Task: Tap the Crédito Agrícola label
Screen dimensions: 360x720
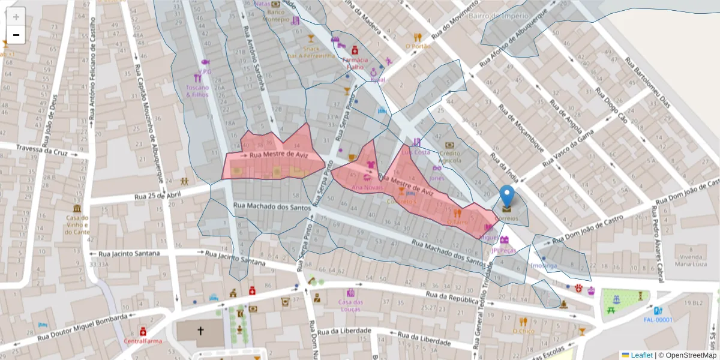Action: [x=449, y=157]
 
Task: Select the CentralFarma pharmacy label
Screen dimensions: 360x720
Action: [x=143, y=341]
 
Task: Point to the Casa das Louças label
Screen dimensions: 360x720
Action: [x=355, y=305]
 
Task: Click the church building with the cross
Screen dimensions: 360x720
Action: [x=200, y=331]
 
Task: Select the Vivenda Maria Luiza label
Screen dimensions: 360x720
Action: [x=692, y=260]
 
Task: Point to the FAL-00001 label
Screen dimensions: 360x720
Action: [x=658, y=320]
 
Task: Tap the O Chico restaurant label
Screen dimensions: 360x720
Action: [x=523, y=331]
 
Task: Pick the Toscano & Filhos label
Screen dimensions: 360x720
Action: [x=197, y=91]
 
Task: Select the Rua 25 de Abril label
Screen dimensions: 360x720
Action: [x=157, y=196]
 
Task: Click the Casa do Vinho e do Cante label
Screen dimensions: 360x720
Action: [x=77, y=225]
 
